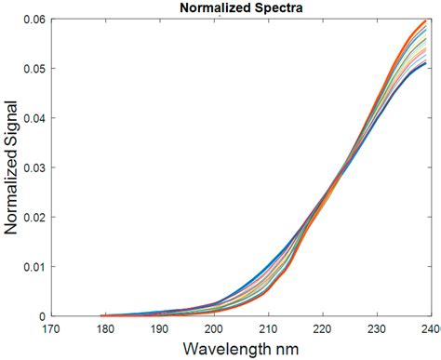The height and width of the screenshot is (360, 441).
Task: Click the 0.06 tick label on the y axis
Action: (x=30, y=20)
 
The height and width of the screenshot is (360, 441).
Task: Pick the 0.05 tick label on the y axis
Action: (x=30, y=69)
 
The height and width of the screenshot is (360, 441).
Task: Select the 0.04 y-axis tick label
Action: (x=30, y=118)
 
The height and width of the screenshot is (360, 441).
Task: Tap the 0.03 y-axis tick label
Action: (x=30, y=167)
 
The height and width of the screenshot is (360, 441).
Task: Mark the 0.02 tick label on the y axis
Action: (x=30, y=217)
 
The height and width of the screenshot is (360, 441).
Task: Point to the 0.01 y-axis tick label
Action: (x=30, y=266)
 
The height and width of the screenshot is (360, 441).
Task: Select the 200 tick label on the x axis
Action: (x=214, y=328)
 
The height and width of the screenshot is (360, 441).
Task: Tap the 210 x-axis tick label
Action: (x=268, y=328)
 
